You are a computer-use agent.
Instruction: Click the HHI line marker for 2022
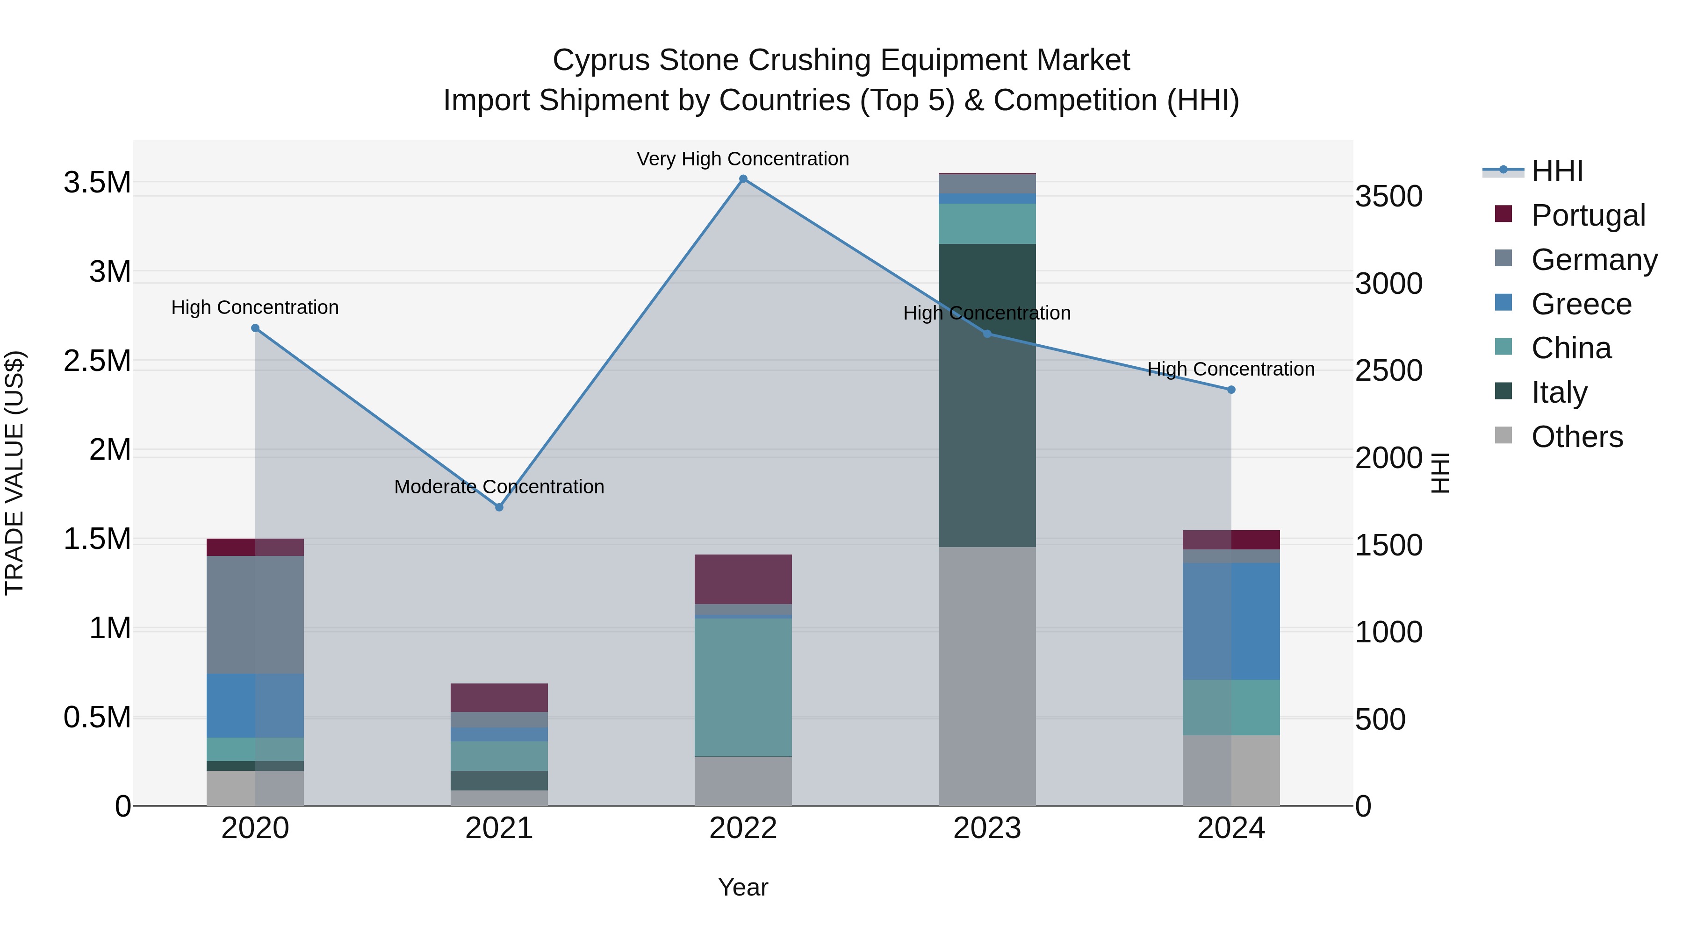(743, 179)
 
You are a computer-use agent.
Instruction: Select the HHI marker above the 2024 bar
(1231, 390)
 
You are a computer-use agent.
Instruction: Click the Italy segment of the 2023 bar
(987, 395)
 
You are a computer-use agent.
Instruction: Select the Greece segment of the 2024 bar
(1231, 621)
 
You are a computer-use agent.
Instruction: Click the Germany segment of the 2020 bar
(255, 614)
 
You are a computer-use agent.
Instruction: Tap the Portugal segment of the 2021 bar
(499, 698)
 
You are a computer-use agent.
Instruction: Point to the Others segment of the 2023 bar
(987, 676)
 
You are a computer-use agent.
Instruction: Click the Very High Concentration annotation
(743, 159)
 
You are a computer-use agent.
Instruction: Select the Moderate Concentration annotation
(499, 486)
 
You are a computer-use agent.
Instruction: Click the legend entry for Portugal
(1588, 215)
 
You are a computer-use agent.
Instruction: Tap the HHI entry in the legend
(1557, 171)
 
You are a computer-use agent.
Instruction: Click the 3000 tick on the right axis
(1389, 284)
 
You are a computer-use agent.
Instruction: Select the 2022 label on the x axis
(743, 828)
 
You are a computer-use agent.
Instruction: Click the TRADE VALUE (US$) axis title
(14, 473)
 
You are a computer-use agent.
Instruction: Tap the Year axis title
(743, 887)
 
